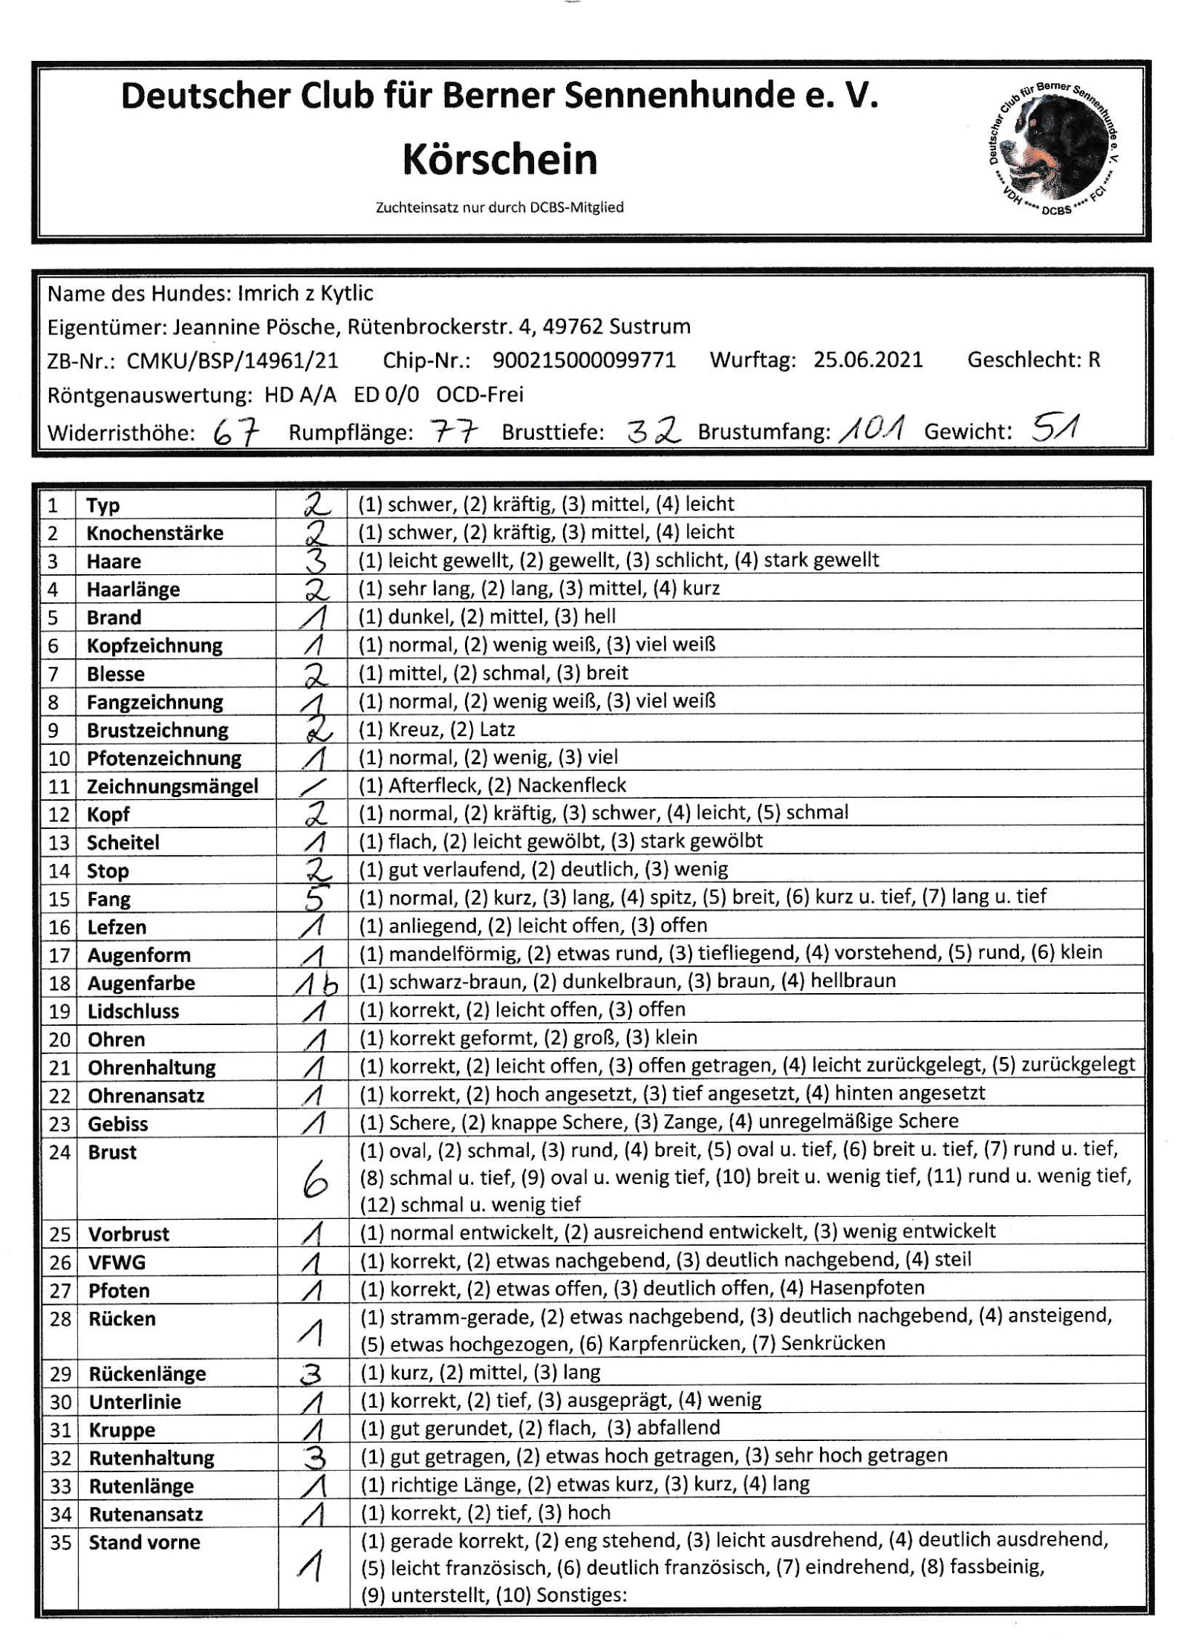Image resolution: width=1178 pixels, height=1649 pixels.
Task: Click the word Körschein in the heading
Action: pyautogui.click(x=499, y=160)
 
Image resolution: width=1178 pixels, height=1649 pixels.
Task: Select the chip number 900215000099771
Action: pyautogui.click(x=584, y=360)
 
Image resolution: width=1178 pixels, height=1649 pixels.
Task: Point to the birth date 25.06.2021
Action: pyautogui.click(x=868, y=360)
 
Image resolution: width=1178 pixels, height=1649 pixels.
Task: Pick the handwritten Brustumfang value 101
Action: pyautogui.click(x=871, y=429)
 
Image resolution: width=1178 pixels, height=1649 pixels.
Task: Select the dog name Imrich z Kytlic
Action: pyautogui.click(x=305, y=294)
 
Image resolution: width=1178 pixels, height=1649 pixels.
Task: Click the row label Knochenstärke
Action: pyautogui.click(x=154, y=533)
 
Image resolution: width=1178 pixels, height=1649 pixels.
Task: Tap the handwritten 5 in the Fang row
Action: pyautogui.click(x=313, y=899)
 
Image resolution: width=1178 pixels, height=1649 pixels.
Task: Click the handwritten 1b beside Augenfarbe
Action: pyautogui.click(x=316, y=983)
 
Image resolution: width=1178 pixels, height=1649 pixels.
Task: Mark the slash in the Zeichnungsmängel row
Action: pyautogui.click(x=313, y=785)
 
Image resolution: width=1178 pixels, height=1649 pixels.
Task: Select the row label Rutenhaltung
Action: pyautogui.click(x=152, y=1458)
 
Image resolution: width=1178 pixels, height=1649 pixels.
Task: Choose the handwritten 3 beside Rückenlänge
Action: pyautogui.click(x=312, y=1374)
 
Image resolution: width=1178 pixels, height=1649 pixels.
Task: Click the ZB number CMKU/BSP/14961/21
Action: pyautogui.click(x=232, y=361)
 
